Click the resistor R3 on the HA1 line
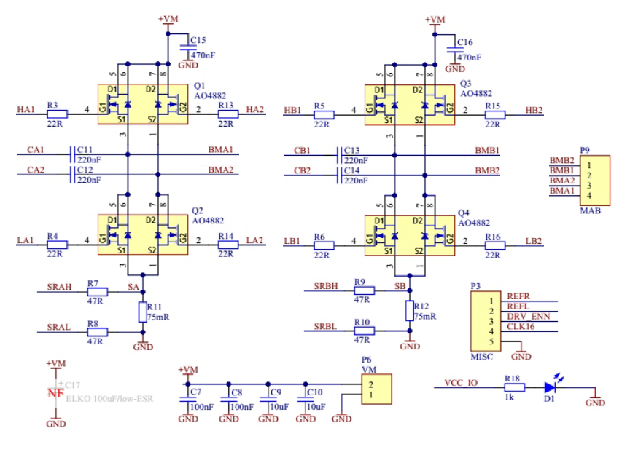pyautogui.click(x=57, y=114)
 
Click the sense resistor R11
pyautogui.click(x=143, y=312)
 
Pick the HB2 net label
pyautogui.click(x=534, y=110)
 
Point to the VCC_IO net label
pyautogui.click(x=461, y=382)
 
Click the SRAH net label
pyautogui.click(x=59, y=287)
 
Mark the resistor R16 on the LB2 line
pyautogui.click(x=494, y=245)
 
